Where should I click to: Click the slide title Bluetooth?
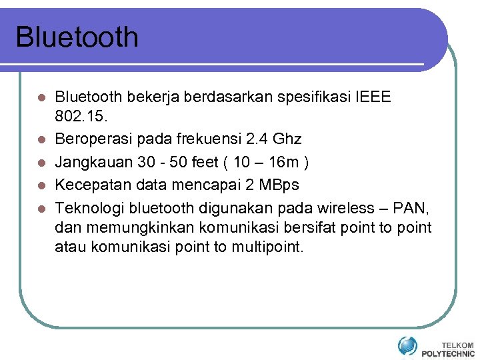[x=77, y=37]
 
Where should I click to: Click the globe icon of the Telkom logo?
[x=407, y=346]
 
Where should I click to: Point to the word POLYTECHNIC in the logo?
[x=448, y=353]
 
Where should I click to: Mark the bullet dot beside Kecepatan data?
[x=41, y=184]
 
